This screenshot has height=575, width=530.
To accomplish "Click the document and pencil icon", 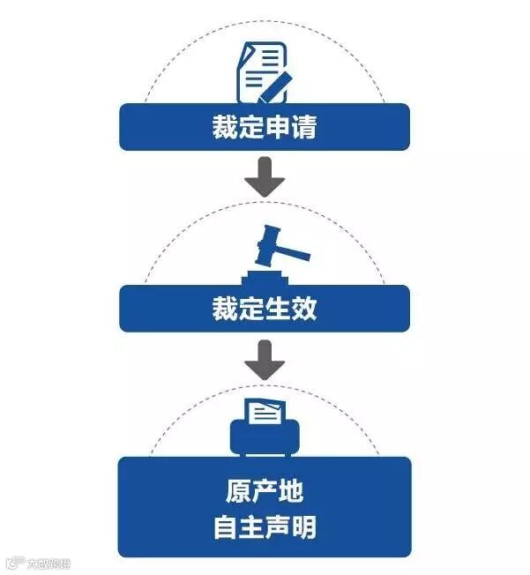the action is point(264,74).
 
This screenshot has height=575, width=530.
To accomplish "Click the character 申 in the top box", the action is point(278,128).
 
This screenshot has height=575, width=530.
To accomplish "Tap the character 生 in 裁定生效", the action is point(278,310).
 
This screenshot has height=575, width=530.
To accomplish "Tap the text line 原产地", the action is point(265,490).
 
